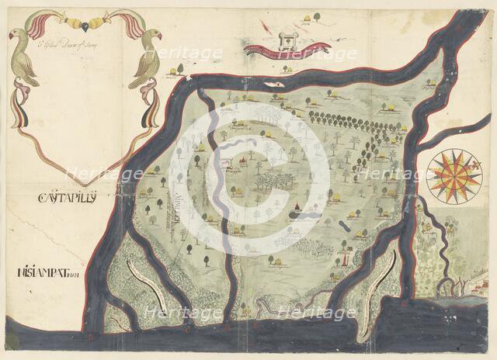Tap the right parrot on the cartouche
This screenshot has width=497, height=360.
pyautogui.click(x=146, y=60)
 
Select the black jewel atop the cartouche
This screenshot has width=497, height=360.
pyautogui.click(x=85, y=17)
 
